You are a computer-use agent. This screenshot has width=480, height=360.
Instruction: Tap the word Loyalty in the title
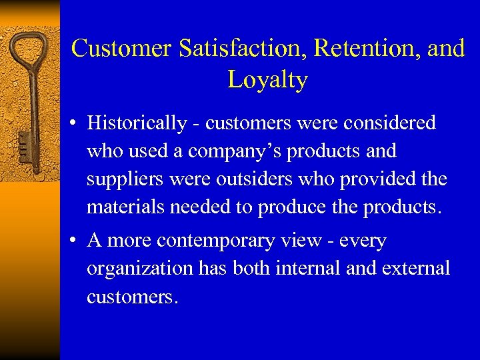[267, 80]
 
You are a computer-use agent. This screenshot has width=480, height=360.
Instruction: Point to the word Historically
[137, 123]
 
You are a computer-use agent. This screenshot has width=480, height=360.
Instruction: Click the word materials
[125, 208]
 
